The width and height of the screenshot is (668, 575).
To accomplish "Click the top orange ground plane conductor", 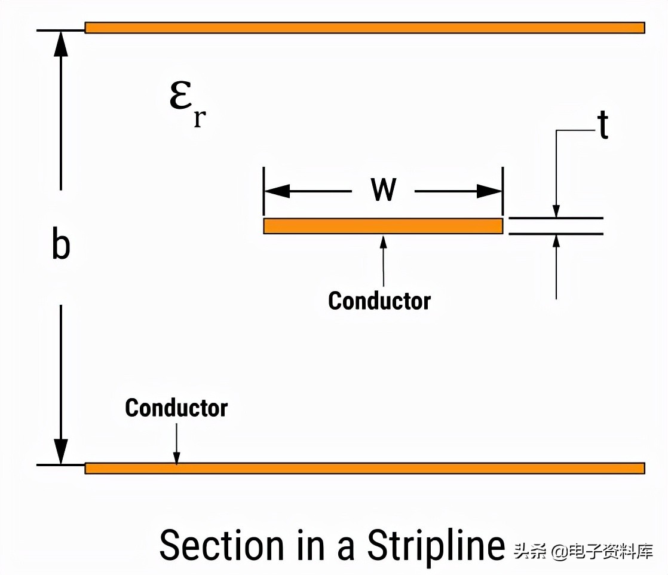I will pos(364,27).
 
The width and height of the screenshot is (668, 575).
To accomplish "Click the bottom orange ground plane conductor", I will pos(364,468).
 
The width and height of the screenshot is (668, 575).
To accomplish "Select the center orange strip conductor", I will pos(382,226).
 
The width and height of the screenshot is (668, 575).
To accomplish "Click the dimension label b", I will pos(60,246).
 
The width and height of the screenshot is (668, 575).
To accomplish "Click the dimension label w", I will pos(383,190).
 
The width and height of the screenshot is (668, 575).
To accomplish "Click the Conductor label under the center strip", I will pos(379,300).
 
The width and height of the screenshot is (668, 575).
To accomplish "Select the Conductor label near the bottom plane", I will pos(176,408).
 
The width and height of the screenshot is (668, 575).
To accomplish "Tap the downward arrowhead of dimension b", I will pos(60,451).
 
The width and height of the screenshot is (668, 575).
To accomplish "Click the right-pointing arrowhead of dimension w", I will pos(489,191).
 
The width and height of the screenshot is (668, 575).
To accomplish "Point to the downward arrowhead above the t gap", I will pos(556,211).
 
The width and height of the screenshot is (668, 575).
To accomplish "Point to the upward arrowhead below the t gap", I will pos(556,240).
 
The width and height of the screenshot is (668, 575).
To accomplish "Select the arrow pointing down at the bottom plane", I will pos(176,457).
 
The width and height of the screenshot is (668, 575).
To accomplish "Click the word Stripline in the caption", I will pos(436,545).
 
